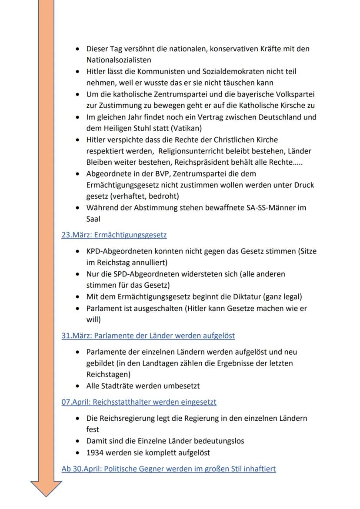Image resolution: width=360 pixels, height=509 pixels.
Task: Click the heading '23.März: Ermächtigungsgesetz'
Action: pyautogui.click(x=114, y=235)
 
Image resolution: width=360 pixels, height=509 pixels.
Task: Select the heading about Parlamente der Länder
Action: pyautogui.click(x=148, y=336)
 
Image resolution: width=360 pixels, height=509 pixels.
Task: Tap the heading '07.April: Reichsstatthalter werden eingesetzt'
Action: pyautogui.click(x=139, y=402)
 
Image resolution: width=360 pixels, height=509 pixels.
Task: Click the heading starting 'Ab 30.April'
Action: pyautogui.click(x=169, y=469)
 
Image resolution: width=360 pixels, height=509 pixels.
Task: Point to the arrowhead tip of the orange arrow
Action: pyautogui.click(x=46, y=495)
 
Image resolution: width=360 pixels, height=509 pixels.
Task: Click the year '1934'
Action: pyautogui.click(x=95, y=452)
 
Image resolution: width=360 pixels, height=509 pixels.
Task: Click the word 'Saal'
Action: pyautogui.click(x=93, y=219)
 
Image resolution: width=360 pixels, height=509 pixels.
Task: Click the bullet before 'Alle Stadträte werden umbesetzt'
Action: pyautogui.click(x=77, y=386)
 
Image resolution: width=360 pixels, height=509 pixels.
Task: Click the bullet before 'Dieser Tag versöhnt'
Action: pyautogui.click(x=77, y=49)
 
